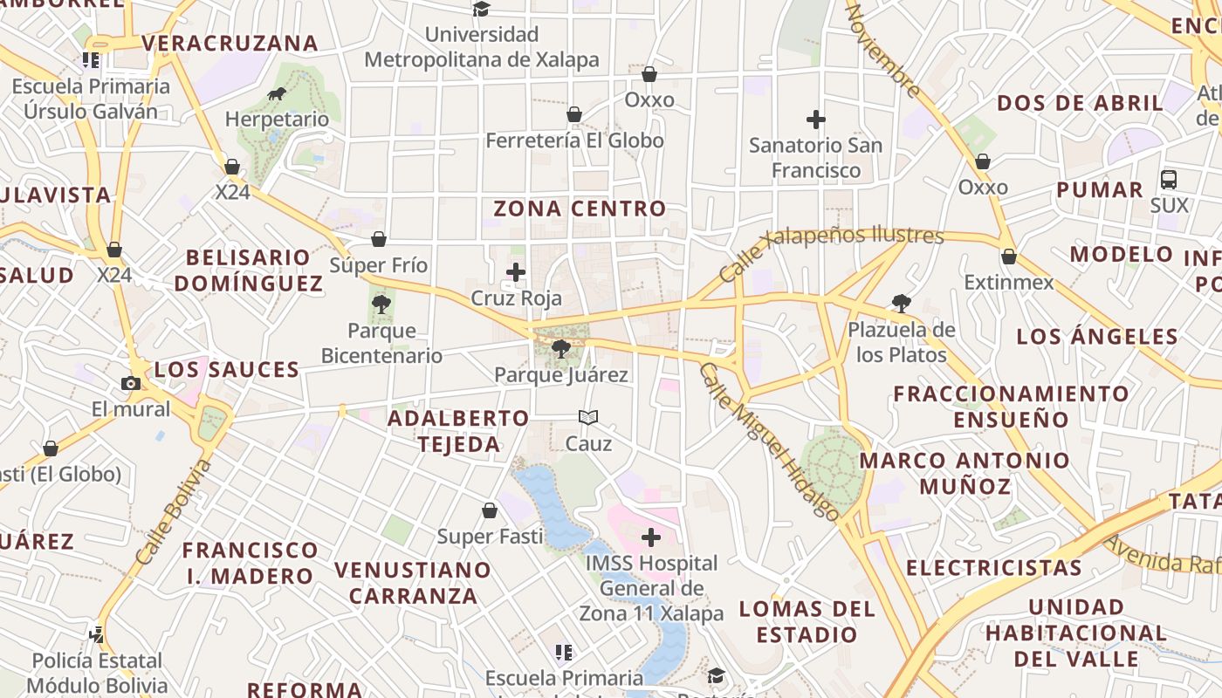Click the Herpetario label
tap(277, 120)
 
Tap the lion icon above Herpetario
tap(277, 94)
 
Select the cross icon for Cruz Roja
tap(516, 272)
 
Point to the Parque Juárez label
tap(561, 375)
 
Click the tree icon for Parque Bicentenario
tap(381, 305)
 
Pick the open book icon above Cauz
tap(588, 418)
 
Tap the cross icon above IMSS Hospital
tap(651, 537)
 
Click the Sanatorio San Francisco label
tap(815, 157)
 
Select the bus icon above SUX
tap(1169, 180)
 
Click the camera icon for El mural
tap(130, 383)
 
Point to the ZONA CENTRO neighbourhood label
tap(580, 209)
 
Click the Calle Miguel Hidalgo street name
tap(769, 441)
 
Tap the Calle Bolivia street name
tap(174, 512)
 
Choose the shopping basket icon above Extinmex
tap(1008, 257)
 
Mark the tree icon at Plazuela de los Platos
tap(902, 304)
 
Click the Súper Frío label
tap(379, 265)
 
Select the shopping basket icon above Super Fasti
tap(490, 510)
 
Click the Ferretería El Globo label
tap(574, 140)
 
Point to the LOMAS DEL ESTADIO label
tap(807, 621)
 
